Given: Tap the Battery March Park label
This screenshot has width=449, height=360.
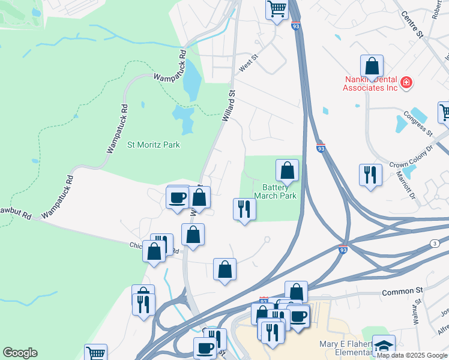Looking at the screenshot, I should click(x=276, y=191).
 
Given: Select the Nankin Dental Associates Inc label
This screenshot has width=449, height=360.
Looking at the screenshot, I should click(x=370, y=83).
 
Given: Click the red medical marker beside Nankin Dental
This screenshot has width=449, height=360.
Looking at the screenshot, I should click(x=406, y=82).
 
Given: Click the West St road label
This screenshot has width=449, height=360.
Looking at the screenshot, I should click(x=248, y=63).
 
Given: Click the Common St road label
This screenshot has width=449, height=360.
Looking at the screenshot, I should click(x=402, y=292).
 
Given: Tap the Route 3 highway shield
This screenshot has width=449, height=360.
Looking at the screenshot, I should click(x=433, y=242).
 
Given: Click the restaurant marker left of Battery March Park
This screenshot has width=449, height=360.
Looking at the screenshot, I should click(x=244, y=209).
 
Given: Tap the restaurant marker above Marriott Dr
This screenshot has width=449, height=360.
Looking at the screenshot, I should click(x=370, y=175).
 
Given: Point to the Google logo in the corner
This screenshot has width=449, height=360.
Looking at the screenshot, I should click(x=20, y=353).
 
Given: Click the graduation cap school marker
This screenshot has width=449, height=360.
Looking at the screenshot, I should click(x=384, y=346).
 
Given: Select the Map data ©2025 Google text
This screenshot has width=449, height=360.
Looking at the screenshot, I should click(x=412, y=355).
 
